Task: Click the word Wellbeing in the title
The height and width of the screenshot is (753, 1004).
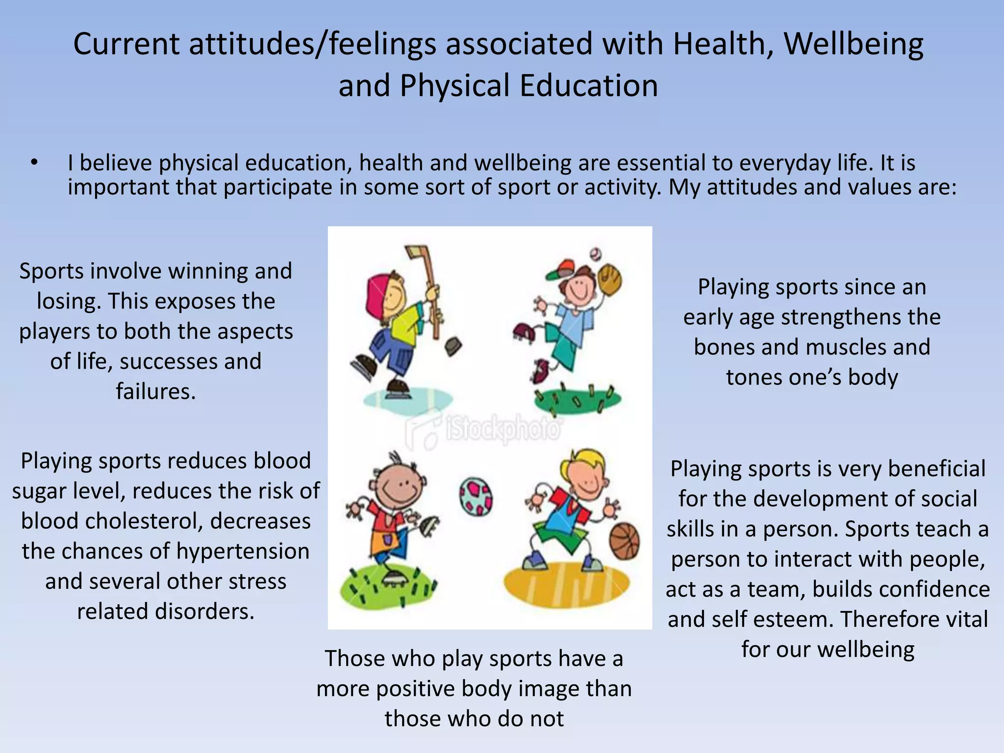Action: (x=853, y=44)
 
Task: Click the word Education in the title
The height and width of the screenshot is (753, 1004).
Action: (x=588, y=86)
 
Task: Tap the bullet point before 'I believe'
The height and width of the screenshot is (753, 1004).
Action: (x=33, y=162)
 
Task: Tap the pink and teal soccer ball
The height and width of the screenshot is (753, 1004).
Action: (x=476, y=496)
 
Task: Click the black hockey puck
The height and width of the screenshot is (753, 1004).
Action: (x=453, y=346)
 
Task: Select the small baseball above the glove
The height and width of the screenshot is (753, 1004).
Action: (x=596, y=253)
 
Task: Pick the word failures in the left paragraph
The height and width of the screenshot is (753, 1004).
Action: (x=156, y=392)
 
